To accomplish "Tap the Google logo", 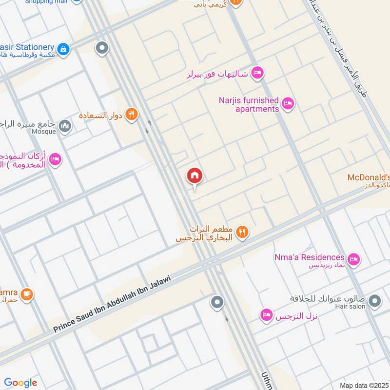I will coord(20,383).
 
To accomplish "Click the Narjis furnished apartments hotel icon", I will coord(288,103).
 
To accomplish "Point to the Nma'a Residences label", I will coord(309,257).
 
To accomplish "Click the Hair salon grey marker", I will coord(374,302).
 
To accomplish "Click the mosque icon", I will coord(65,127).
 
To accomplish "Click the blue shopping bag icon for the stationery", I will coord(63,49).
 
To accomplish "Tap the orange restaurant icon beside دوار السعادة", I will coord(131,115).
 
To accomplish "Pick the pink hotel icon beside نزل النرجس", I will coord(266,315).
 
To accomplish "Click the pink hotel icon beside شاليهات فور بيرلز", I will coord(257,74).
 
